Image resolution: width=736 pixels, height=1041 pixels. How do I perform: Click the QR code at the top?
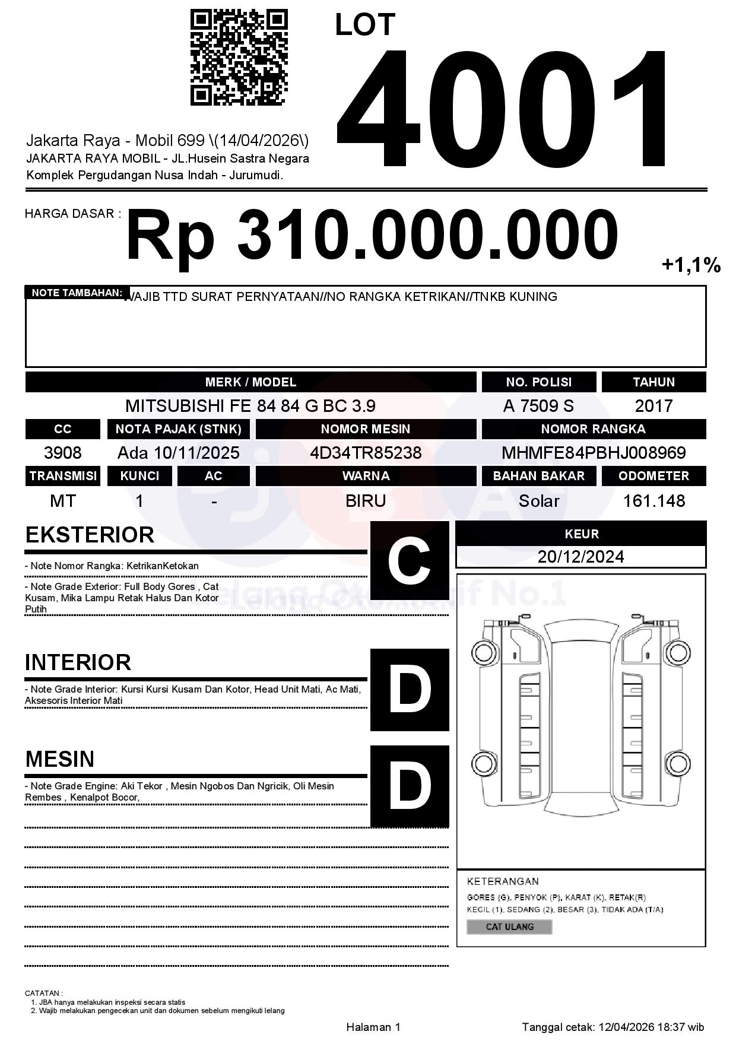click(x=239, y=58)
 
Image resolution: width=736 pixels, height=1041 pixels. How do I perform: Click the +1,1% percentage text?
click(x=691, y=265)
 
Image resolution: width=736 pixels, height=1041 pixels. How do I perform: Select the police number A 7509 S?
click(x=538, y=406)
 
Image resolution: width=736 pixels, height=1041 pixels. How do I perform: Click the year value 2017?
click(x=653, y=406)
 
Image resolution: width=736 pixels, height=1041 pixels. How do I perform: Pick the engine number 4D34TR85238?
click(x=366, y=453)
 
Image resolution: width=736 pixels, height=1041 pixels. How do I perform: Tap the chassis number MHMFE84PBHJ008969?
click(x=594, y=453)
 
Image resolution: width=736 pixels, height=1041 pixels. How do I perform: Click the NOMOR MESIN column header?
click(x=366, y=429)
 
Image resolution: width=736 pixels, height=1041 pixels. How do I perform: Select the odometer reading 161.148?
click(x=653, y=501)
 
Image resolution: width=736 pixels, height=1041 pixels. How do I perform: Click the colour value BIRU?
click(x=366, y=501)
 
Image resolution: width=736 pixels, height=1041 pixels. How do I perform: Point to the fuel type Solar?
click(x=538, y=501)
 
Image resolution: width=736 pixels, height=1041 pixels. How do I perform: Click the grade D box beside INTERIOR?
click(x=410, y=690)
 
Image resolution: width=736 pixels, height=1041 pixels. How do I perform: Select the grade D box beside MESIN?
click(x=410, y=786)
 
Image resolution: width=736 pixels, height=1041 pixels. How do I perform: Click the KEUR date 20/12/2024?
click(x=580, y=557)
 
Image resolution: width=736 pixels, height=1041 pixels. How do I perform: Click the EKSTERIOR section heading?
click(x=90, y=535)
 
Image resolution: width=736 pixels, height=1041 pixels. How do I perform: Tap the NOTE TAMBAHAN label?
click(x=77, y=293)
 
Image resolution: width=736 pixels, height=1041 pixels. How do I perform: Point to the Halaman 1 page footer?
click(x=373, y=1027)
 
